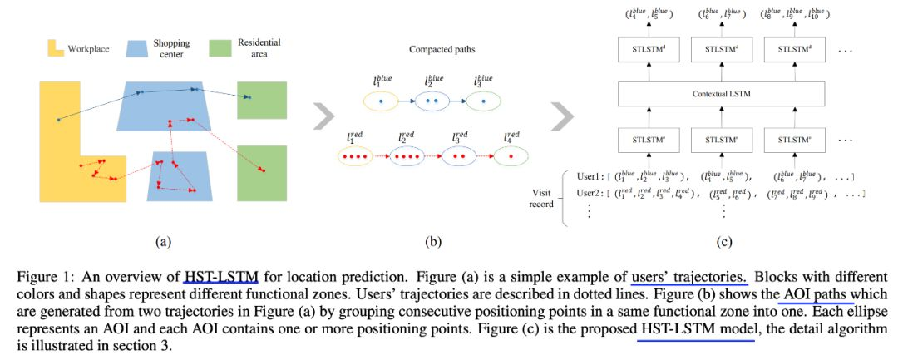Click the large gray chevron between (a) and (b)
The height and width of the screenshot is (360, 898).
(x=323, y=117)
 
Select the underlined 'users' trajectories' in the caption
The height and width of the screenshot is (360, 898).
(x=689, y=278)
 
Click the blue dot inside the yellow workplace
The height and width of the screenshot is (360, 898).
(x=58, y=121)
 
